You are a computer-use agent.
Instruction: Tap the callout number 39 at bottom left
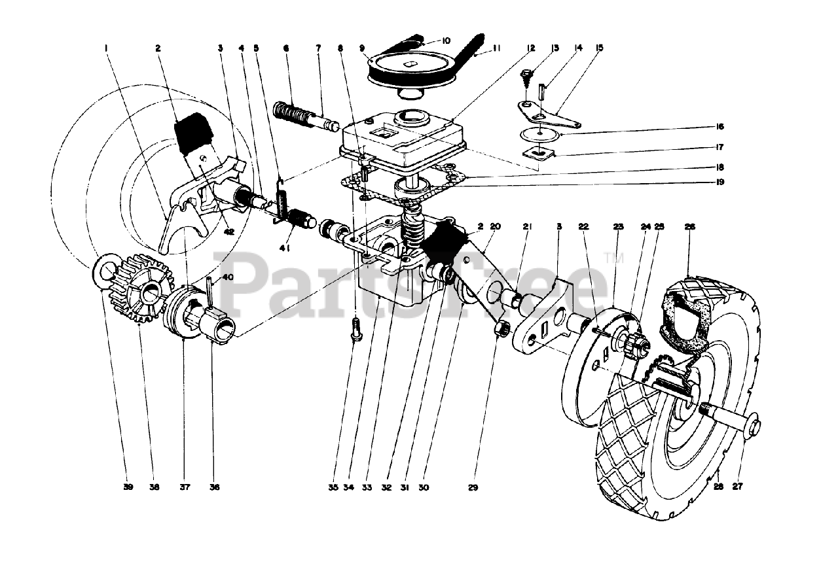point(128,487)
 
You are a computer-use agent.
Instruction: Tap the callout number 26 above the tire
point(690,227)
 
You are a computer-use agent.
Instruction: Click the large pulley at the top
point(407,65)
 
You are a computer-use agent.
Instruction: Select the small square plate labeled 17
point(541,154)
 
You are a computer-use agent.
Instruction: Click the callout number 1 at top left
point(105,48)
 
